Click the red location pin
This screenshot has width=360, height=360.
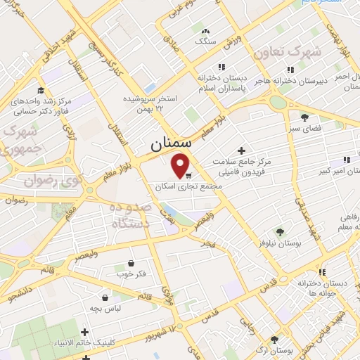(181, 165)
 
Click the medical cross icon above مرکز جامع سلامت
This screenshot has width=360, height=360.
(242, 150)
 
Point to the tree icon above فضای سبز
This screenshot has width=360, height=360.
(304, 117)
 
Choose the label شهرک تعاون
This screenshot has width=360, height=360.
(319, 51)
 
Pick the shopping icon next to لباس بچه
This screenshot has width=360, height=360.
(105, 297)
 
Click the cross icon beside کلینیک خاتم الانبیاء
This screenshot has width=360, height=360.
(85, 332)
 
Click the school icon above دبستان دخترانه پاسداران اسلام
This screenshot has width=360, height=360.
(221, 67)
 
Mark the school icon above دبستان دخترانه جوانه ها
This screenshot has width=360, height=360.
(322, 272)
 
